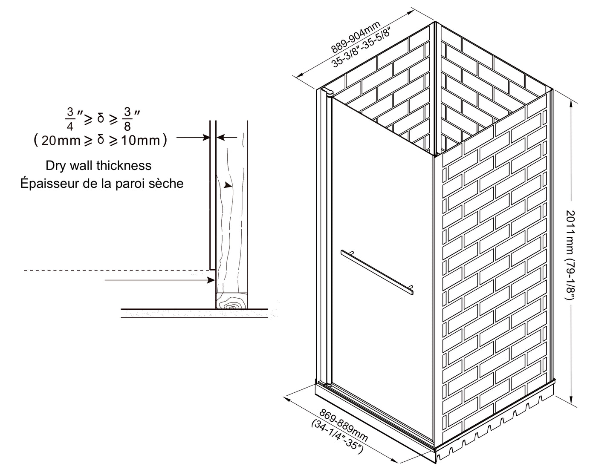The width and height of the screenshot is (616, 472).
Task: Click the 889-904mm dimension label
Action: tap(356, 37)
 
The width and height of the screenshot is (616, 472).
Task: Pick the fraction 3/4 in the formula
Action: tap(70, 119)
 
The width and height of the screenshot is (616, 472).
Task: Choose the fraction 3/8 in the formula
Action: tap(127, 119)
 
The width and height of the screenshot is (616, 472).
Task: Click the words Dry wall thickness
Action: tap(98, 166)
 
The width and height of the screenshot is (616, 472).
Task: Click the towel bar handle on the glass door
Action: tap(377, 272)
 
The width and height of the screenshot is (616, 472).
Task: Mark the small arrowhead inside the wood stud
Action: tap(227, 185)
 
